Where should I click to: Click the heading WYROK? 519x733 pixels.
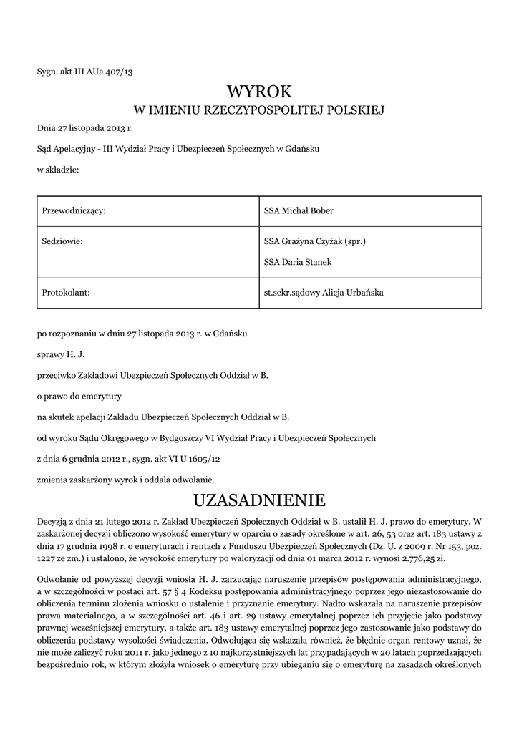point(259,92)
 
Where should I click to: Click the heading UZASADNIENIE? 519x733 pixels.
point(259,498)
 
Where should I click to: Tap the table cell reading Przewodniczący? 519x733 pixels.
point(74,210)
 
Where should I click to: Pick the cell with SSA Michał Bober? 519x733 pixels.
point(299,210)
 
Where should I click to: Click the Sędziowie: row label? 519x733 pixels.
point(63,242)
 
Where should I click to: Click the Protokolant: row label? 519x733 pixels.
point(66,292)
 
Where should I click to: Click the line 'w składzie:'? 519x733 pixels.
point(57,170)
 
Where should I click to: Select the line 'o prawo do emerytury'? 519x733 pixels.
point(79,396)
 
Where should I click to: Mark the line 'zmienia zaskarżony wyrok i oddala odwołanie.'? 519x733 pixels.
point(125,479)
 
